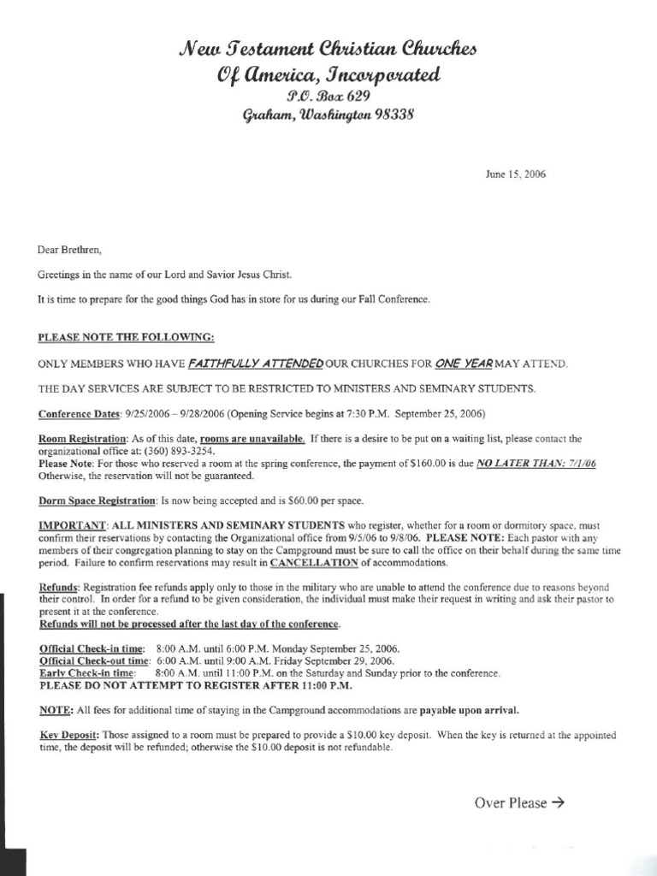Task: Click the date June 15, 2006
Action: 515,175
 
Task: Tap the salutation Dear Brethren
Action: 69,251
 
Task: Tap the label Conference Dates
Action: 80,414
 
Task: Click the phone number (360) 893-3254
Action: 182,451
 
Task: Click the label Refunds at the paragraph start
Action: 58,589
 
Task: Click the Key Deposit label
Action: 70,735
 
